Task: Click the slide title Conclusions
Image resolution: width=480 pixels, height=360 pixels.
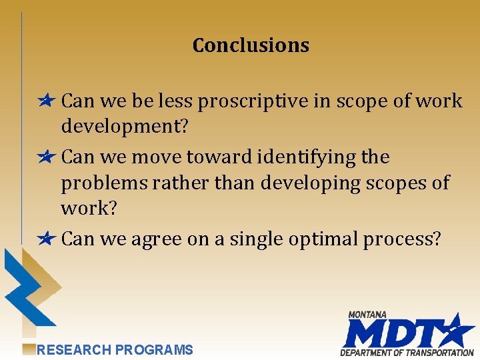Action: [251, 45]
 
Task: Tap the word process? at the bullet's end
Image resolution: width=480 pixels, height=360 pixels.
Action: [401, 239]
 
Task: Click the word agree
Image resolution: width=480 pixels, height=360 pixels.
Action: [156, 239]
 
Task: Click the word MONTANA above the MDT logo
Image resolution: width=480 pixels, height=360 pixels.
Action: [367, 315]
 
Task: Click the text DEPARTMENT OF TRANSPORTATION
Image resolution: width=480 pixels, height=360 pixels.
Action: [407, 353]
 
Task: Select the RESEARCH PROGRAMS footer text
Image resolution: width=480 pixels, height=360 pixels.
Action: [115, 350]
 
